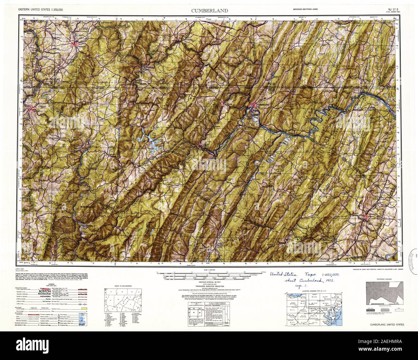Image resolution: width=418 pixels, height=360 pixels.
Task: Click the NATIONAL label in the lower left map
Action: point(88,226)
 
